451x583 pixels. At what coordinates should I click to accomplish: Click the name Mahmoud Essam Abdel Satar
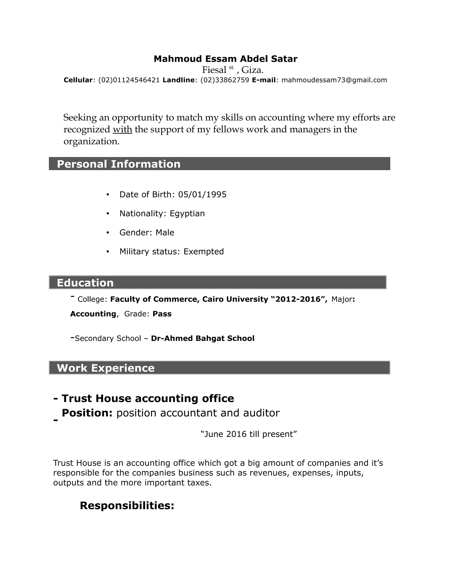coord(225,59)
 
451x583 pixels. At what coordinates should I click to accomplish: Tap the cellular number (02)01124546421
coord(129,80)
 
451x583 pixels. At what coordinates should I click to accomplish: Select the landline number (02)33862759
coord(224,80)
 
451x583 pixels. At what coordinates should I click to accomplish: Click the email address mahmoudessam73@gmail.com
coord(334,80)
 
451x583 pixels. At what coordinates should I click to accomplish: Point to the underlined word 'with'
coord(122,129)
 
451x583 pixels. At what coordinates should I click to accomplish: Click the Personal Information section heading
coord(119,164)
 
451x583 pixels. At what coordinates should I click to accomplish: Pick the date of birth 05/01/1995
coord(202,194)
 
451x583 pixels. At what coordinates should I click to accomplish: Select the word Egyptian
coord(187,214)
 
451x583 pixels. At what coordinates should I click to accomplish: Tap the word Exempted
coord(204,251)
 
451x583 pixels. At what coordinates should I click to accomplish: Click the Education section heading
coord(85,283)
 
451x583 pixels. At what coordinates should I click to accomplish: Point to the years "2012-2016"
coord(298,299)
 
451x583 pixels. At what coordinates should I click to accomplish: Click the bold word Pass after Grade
coord(162,314)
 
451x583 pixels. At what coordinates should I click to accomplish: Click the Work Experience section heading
coord(105,368)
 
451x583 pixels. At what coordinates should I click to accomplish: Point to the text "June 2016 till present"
coord(248,434)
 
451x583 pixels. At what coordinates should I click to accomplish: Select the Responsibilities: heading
coord(127,505)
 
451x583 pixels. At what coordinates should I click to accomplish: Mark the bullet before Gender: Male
coord(108,233)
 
